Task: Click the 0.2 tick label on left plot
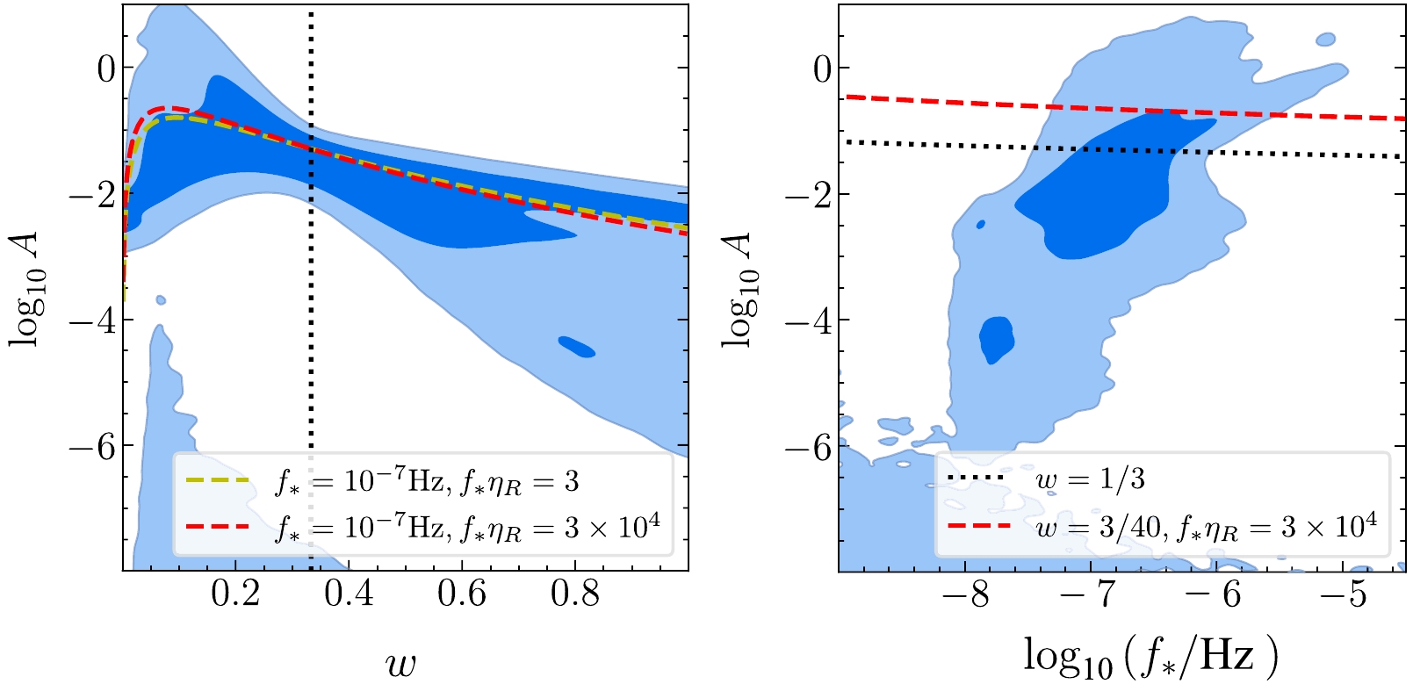tap(235, 595)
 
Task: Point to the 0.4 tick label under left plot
tap(348, 595)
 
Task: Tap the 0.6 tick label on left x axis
tap(462, 595)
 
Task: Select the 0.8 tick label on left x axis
tap(575, 595)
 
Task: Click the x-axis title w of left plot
tap(400, 664)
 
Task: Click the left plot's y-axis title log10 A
tap(28, 289)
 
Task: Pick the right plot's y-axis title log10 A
tap(740, 289)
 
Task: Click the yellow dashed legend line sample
tap(217, 481)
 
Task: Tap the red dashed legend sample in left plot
tap(217, 527)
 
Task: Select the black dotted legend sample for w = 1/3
tap(976, 478)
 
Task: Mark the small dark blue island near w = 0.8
tap(577, 347)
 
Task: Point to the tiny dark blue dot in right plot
tap(980, 225)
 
